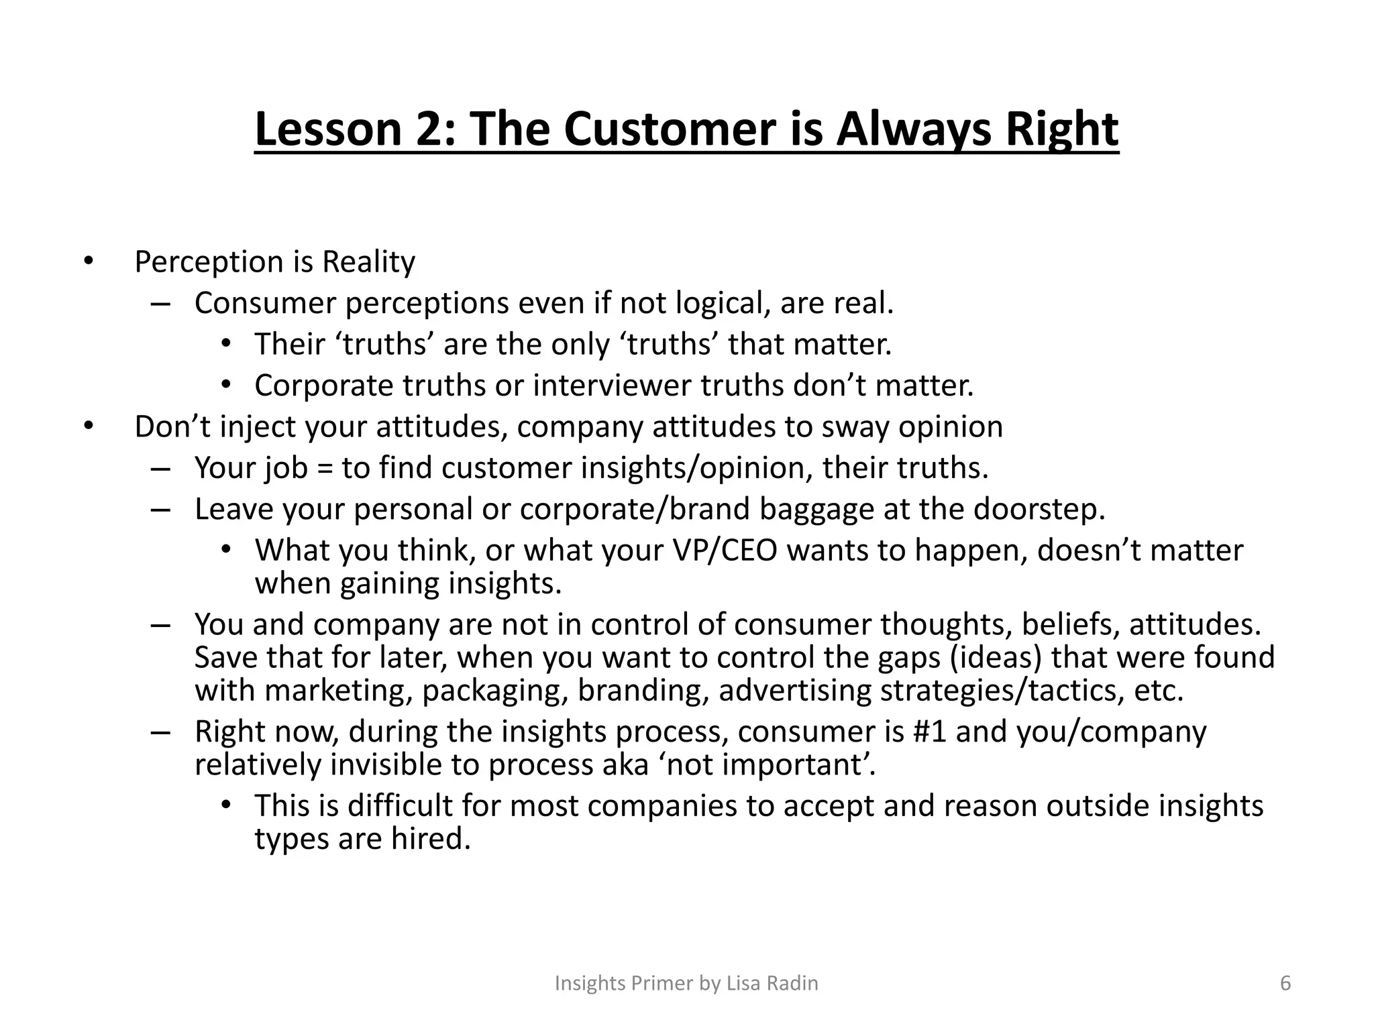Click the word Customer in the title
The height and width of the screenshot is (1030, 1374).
(670, 129)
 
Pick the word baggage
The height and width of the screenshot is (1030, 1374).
(816, 510)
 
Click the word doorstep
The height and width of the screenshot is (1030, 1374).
(1038, 510)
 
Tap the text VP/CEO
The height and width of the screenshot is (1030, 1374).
(725, 551)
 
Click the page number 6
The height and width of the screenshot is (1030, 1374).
(1285, 983)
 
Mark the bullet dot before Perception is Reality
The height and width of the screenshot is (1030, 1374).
(89, 262)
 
